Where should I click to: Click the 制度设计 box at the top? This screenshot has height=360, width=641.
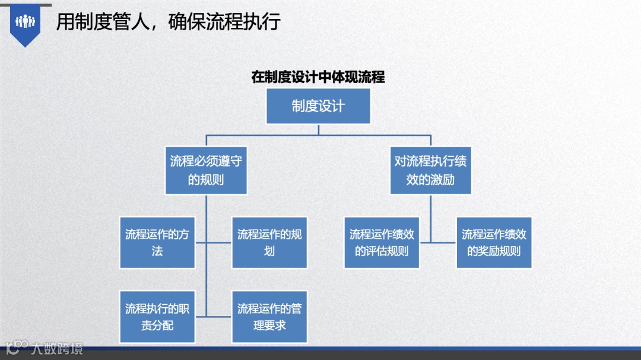pos(318,106)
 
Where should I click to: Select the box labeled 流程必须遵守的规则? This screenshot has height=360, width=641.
pos(206,170)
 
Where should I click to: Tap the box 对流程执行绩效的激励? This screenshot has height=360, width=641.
pos(430,170)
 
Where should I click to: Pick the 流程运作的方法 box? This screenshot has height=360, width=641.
pos(157,243)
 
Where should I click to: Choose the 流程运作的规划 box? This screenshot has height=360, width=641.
pos(269,243)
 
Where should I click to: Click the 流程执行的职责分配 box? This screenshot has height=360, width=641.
pos(157,317)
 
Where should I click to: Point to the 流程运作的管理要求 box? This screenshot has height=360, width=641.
pos(269,317)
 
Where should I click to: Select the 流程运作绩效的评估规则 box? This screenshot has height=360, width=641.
pos(382,243)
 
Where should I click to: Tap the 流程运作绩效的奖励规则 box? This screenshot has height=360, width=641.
pos(494,243)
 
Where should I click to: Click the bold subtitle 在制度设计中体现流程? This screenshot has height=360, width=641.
pos(318,77)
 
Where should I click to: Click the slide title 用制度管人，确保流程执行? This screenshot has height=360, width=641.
pos(168,22)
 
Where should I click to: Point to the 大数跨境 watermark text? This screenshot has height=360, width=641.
pos(58,348)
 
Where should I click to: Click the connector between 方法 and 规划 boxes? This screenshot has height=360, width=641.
pos(214,243)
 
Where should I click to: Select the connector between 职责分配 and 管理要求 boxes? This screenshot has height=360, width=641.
pos(214,317)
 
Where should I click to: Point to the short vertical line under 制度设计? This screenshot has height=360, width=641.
pos(318,129)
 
